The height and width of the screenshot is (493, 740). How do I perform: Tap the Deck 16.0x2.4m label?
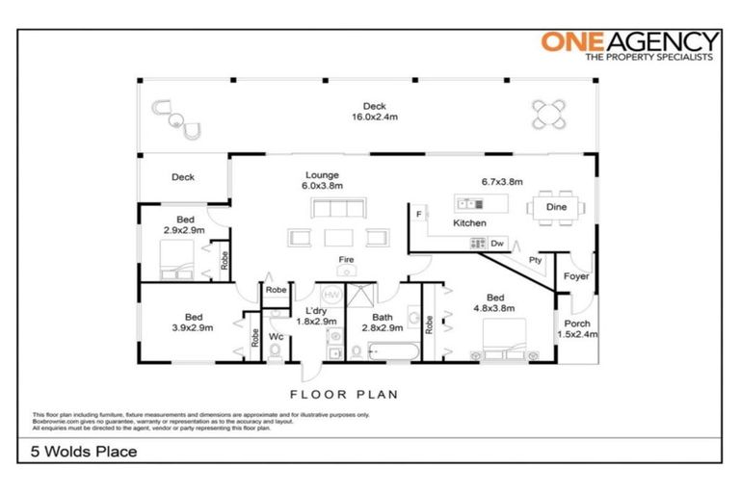click(x=374, y=112)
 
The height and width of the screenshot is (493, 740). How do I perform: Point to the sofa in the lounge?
click(x=338, y=209)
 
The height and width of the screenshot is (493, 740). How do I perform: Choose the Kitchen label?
click(x=469, y=223)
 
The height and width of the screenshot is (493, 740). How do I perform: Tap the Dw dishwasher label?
click(x=497, y=244)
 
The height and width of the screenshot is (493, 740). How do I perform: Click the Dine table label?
click(x=557, y=207)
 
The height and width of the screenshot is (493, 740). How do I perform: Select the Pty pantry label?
click(x=535, y=261)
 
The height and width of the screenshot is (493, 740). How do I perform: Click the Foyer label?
click(x=576, y=277)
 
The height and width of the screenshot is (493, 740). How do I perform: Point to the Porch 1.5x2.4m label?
click(x=577, y=329)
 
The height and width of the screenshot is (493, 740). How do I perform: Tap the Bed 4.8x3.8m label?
click(x=494, y=303)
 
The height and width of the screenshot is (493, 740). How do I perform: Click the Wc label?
click(x=275, y=336)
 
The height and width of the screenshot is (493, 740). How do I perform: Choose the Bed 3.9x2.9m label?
click(x=194, y=323)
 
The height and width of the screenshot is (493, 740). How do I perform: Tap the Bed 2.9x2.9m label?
click(x=184, y=225)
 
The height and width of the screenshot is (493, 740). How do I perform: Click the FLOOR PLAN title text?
click(x=344, y=394)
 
